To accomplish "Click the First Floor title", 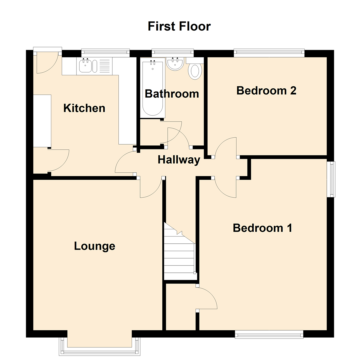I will [179, 26].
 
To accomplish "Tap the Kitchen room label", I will [84, 108].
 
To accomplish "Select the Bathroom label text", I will [172, 94].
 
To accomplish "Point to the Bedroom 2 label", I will [266, 90].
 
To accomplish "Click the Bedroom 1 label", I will [262, 228].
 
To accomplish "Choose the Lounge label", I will [95, 246].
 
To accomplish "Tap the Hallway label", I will [179, 160].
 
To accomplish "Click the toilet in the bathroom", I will [195, 71].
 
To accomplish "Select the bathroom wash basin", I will [175, 64].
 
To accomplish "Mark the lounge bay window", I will [99, 350].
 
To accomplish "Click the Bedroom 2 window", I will [269, 52].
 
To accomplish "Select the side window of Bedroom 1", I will [331, 179].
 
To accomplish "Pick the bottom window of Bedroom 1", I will [269, 334].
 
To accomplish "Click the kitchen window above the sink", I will [105, 52].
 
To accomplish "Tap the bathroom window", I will [172, 52].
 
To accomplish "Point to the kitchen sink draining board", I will [104, 66].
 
